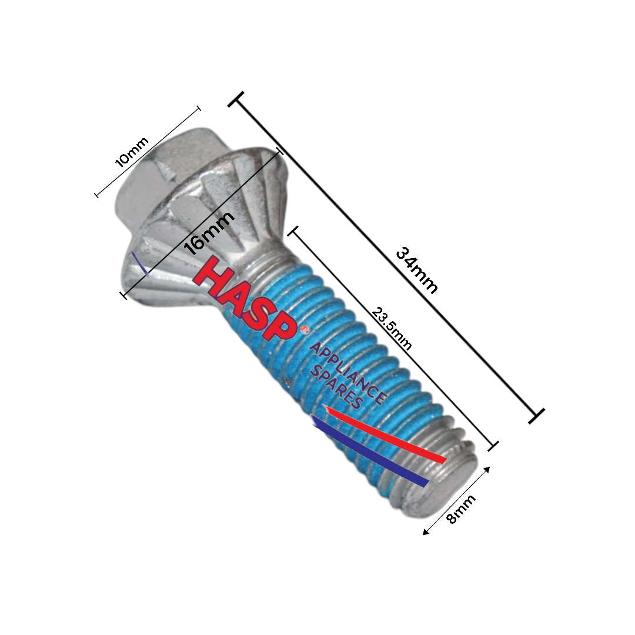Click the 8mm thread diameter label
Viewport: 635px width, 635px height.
click(462, 510)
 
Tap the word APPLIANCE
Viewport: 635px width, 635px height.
click(347, 373)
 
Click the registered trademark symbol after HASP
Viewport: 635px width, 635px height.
click(303, 330)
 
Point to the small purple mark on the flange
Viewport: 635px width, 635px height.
click(139, 263)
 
